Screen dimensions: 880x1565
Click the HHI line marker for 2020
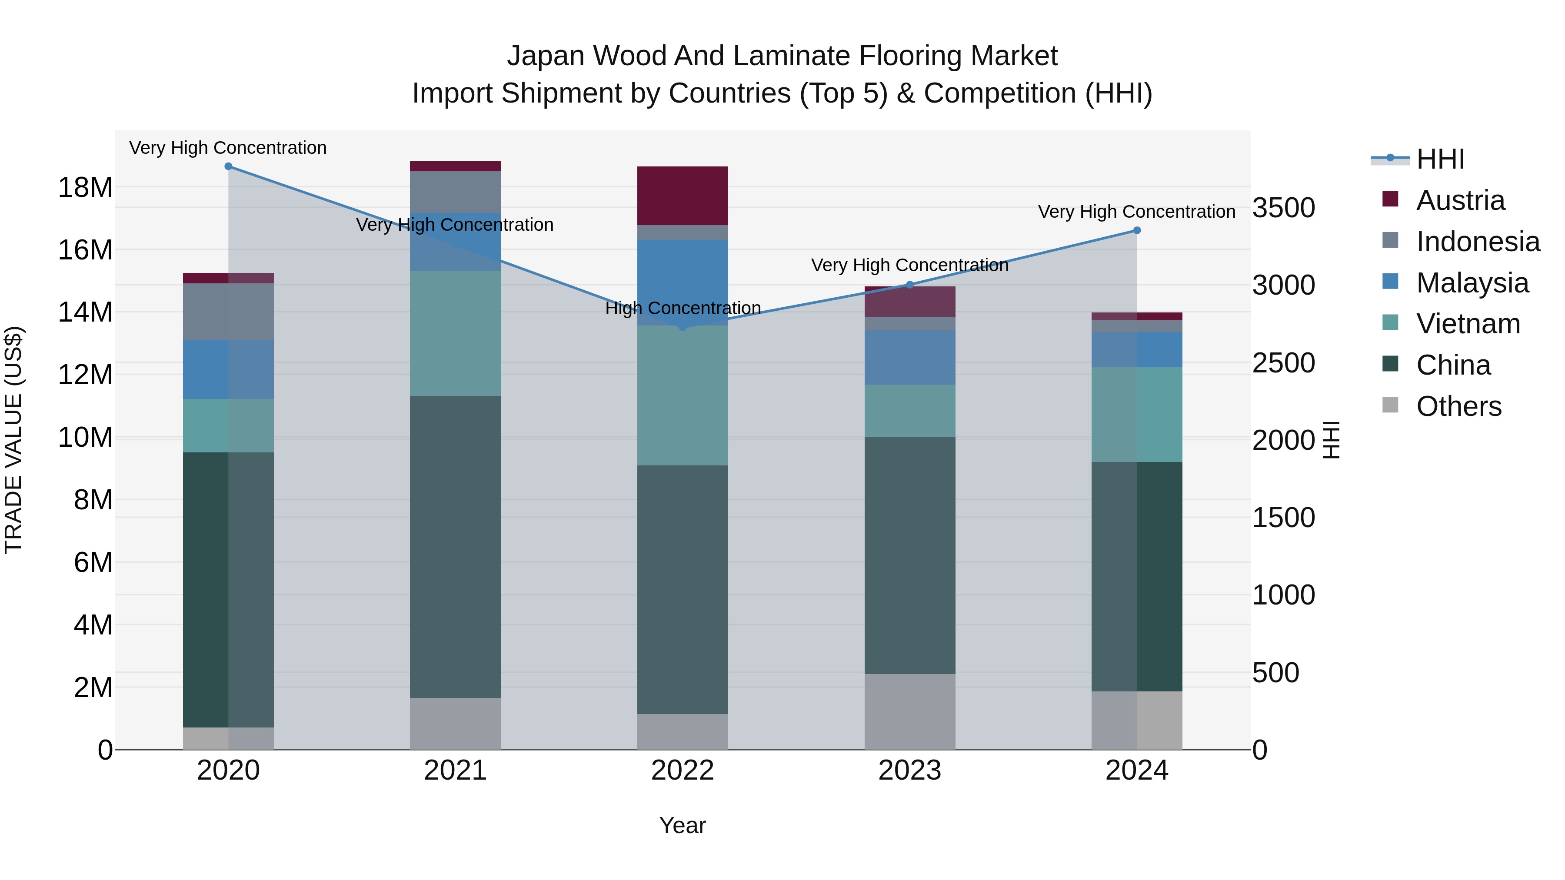(228, 166)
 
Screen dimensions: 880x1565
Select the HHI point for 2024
(1137, 230)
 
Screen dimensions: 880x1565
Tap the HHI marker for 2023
(909, 285)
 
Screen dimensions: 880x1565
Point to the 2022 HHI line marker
(682, 327)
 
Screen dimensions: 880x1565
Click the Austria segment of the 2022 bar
(682, 196)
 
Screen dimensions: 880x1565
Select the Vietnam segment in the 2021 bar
(455, 333)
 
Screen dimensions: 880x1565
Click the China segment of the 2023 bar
(909, 555)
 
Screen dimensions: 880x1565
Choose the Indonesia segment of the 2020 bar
(228, 312)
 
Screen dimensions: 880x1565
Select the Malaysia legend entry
(1472, 283)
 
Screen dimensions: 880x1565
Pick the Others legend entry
(1458, 406)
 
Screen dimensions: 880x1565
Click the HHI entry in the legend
(1440, 159)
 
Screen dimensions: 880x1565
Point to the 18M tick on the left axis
(85, 187)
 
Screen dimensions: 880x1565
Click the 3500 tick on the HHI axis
(1284, 208)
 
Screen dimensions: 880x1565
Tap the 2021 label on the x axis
(455, 770)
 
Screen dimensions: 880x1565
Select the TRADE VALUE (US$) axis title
(13, 440)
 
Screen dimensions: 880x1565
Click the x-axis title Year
(682, 825)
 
